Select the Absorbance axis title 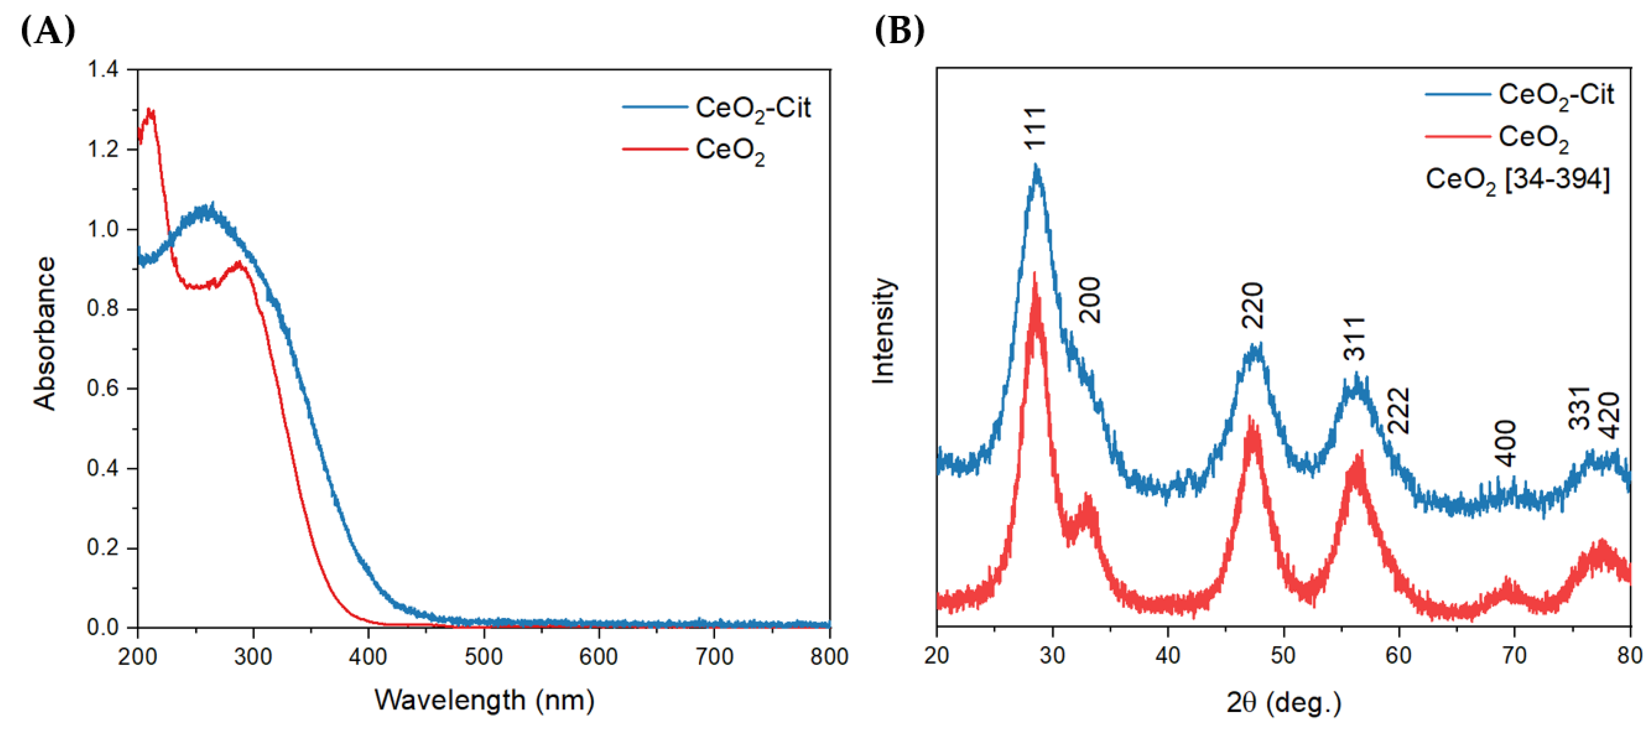(x=45, y=334)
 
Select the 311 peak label (x=1354, y=339)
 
